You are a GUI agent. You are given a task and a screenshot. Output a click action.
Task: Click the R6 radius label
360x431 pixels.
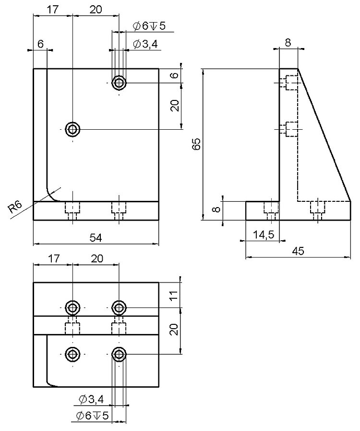click(x=15, y=207)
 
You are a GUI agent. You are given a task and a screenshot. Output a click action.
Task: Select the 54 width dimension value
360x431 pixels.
click(x=96, y=237)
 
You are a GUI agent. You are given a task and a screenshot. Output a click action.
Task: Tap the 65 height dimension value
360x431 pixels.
click(x=196, y=144)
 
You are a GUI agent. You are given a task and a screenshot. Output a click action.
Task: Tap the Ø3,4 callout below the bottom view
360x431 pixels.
click(x=90, y=398)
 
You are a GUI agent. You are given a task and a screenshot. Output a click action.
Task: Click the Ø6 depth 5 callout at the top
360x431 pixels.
click(x=149, y=26)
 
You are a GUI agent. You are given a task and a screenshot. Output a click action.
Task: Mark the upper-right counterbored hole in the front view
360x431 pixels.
click(x=119, y=83)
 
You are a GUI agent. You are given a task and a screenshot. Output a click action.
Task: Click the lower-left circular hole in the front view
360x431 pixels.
click(x=72, y=129)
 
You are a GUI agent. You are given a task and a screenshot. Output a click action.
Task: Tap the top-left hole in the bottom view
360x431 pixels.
click(x=72, y=307)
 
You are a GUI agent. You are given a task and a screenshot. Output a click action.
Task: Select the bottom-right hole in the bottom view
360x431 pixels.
click(x=119, y=355)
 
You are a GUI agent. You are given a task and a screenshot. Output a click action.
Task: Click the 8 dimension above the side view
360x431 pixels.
click(x=288, y=42)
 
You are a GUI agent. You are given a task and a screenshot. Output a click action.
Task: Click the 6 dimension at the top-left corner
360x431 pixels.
click(x=40, y=44)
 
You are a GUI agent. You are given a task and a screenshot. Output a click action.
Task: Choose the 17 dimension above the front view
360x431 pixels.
click(x=53, y=9)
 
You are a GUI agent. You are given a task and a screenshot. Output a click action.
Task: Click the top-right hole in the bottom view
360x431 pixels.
click(x=119, y=307)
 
